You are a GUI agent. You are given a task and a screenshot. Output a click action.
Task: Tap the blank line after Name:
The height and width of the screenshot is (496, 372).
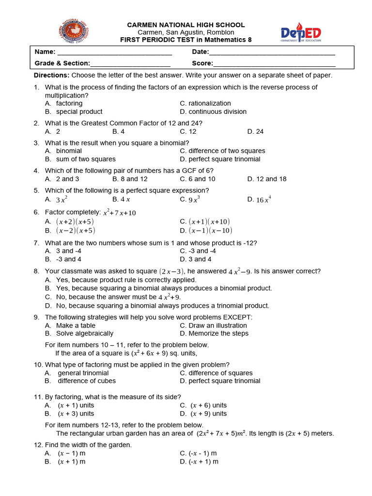pos(114,52)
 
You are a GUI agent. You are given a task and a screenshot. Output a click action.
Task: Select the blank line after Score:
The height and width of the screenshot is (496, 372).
pos(274,63)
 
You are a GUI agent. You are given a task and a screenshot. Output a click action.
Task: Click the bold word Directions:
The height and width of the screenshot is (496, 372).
pos(51,75)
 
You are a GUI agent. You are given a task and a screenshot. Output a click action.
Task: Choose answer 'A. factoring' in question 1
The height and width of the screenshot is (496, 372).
pos(64,103)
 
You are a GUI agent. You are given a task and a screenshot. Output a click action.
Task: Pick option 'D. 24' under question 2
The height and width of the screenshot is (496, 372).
pos(255,131)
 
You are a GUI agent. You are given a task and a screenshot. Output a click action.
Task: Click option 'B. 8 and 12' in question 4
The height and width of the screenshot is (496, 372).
pos(130,179)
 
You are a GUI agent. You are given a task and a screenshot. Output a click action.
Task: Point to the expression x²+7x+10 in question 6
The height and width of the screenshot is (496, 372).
pos(119,212)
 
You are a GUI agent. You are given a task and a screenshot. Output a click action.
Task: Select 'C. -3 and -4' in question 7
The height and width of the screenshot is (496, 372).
pos(198,251)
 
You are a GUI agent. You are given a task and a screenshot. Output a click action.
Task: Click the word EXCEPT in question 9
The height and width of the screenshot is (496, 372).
pos(237,317)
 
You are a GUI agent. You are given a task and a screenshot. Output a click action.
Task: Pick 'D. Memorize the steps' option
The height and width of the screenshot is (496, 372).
pos(214,333)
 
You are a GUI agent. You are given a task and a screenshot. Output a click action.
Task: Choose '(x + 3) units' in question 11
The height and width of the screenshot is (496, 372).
pos(76,414)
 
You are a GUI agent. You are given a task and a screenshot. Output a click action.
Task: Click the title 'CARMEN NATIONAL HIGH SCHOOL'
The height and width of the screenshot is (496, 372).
pos(186,25)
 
